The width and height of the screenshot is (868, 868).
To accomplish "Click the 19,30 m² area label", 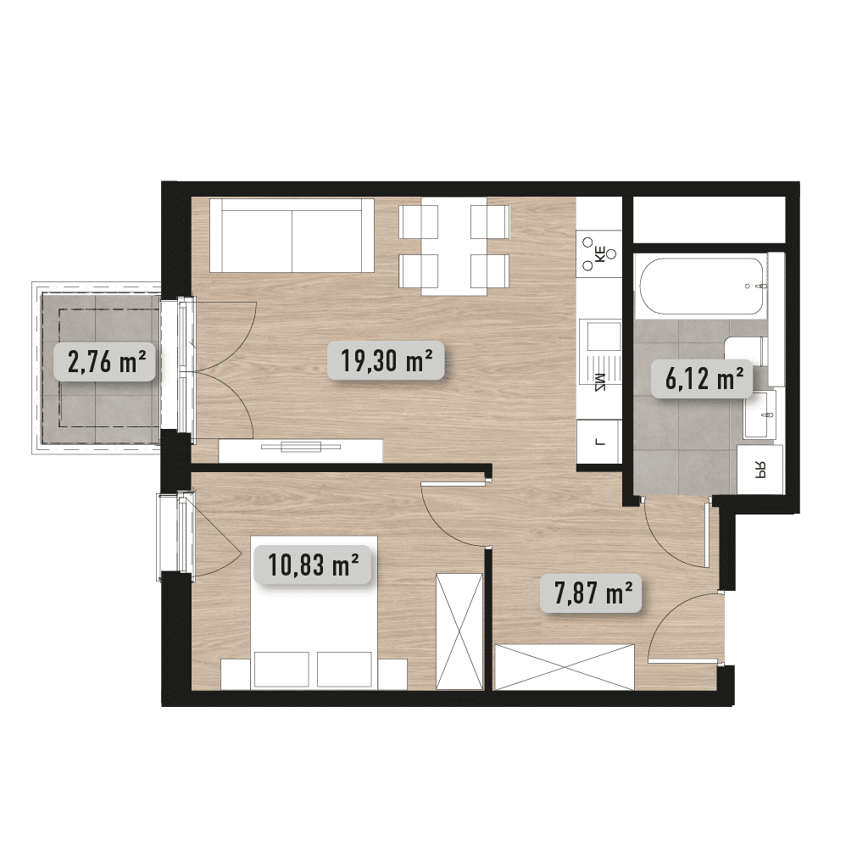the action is coord(386,361).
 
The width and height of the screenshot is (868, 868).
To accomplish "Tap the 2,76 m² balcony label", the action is coord(104,362).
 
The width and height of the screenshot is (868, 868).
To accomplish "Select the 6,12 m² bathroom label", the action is coord(701,379).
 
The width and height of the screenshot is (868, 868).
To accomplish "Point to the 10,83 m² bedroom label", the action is coord(312,565).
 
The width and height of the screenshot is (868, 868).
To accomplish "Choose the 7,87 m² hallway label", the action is coord(591,593).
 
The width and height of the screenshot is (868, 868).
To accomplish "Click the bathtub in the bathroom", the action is coord(702,287).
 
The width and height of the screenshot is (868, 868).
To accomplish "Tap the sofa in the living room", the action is coord(292,236).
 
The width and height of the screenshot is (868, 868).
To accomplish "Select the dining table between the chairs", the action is coord(454,247).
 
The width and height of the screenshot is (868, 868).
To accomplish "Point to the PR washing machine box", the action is coord(760,470).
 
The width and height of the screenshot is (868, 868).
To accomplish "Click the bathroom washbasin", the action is coord(760,414).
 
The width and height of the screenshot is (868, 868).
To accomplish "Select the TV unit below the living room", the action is coord(301,451).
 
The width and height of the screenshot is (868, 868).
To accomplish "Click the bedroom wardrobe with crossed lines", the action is coord(459,632).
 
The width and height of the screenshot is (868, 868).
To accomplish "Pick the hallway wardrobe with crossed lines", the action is coord(564,667).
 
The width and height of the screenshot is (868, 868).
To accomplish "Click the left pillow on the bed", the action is coord(281,670).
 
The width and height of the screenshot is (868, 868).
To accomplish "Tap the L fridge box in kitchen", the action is coord(598,441).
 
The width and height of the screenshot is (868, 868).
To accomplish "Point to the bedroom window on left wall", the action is coord(175,533).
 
